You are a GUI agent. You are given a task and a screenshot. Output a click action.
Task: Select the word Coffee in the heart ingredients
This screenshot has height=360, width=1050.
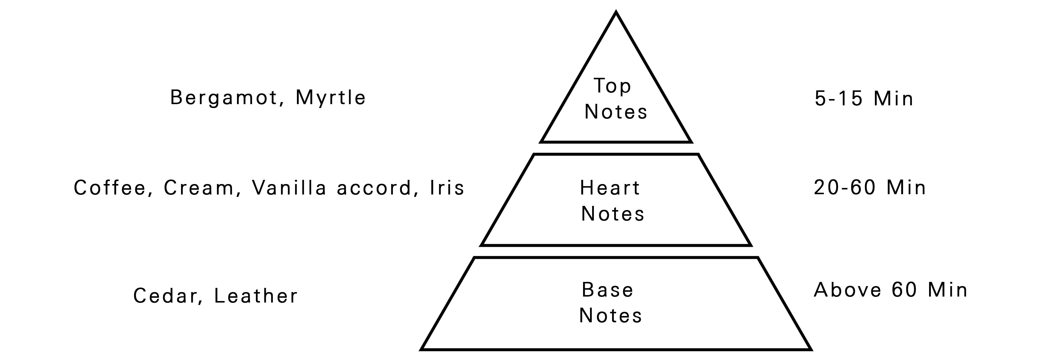coord(110,188)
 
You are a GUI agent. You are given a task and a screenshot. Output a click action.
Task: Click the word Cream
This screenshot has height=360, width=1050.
coord(200,188)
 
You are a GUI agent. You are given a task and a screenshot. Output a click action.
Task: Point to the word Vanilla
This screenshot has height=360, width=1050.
coord(289,188)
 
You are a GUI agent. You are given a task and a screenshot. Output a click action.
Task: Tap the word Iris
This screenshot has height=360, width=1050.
coord(447,188)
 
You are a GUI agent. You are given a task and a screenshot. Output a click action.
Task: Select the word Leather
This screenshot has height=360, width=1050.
coord(256,296)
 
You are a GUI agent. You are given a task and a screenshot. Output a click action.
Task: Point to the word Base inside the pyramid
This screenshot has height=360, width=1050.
coord(607,290)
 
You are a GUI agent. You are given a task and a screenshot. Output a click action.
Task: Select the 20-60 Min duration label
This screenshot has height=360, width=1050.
coord(870,188)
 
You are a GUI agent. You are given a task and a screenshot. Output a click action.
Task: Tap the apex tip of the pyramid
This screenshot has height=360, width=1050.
coord(616,12)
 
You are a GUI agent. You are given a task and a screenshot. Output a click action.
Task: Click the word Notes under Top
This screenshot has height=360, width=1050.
coord(616,112)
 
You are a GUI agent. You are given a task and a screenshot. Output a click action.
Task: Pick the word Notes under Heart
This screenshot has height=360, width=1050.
coord(613,214)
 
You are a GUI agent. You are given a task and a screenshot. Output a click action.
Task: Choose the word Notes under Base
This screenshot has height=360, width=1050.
coord(611,315)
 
